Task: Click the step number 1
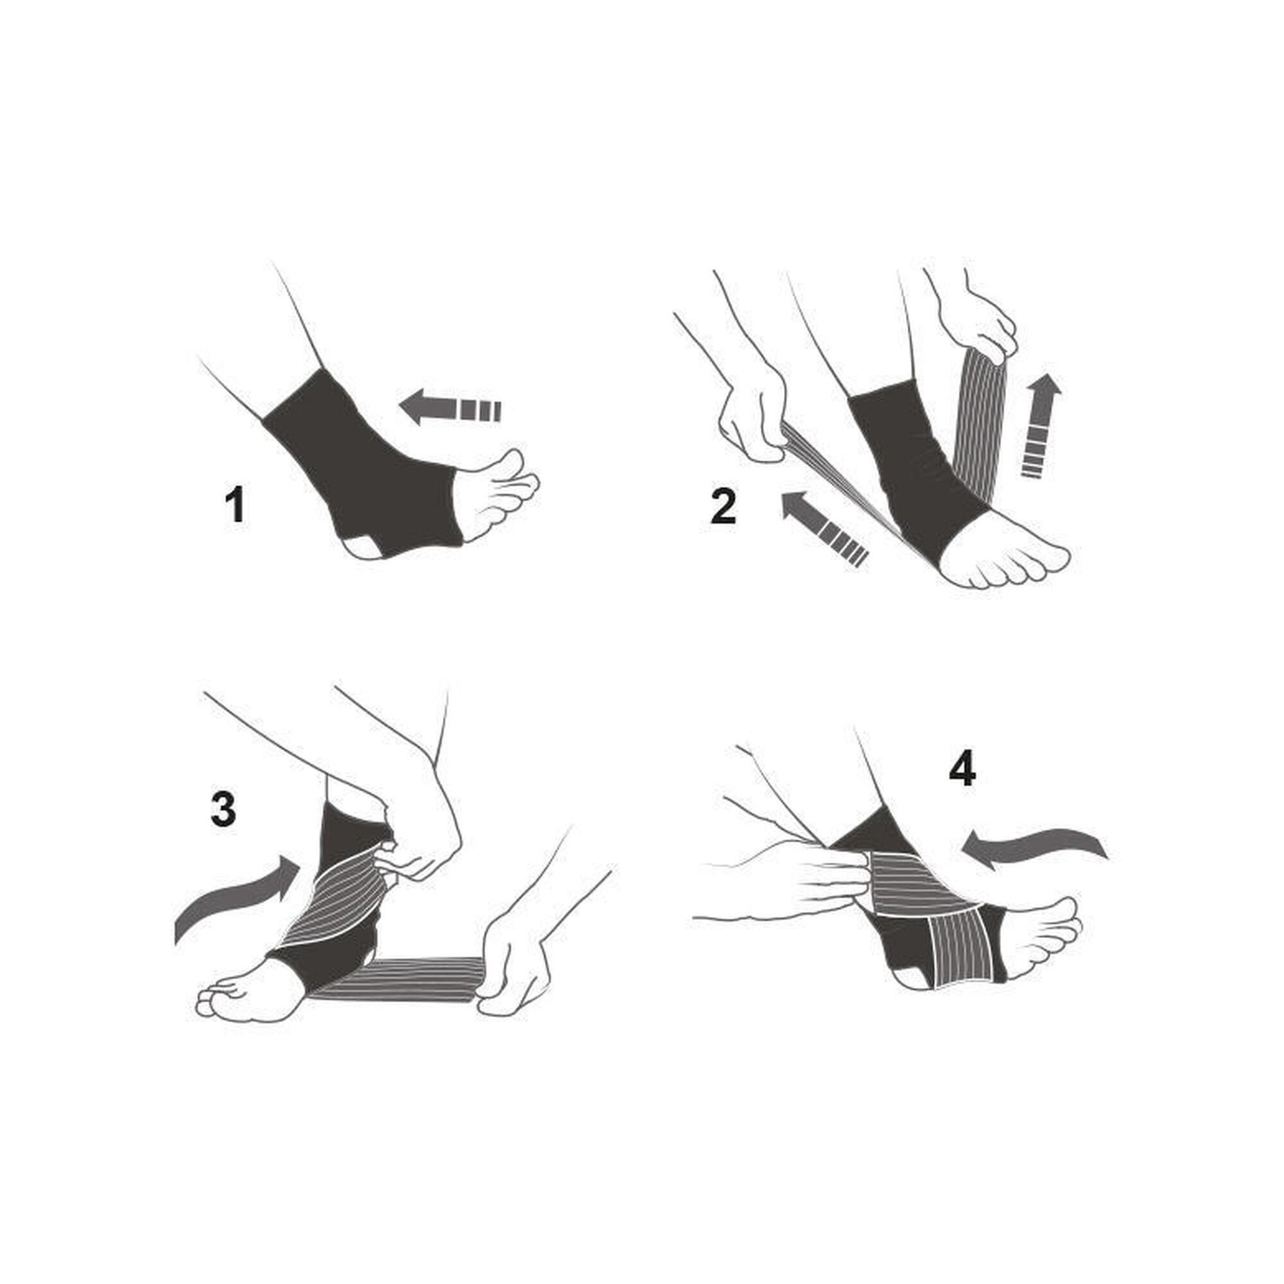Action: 234,505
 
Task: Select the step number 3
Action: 223,810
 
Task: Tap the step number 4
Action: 962,770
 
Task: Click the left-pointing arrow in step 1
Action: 450,407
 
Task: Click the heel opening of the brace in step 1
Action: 364,547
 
